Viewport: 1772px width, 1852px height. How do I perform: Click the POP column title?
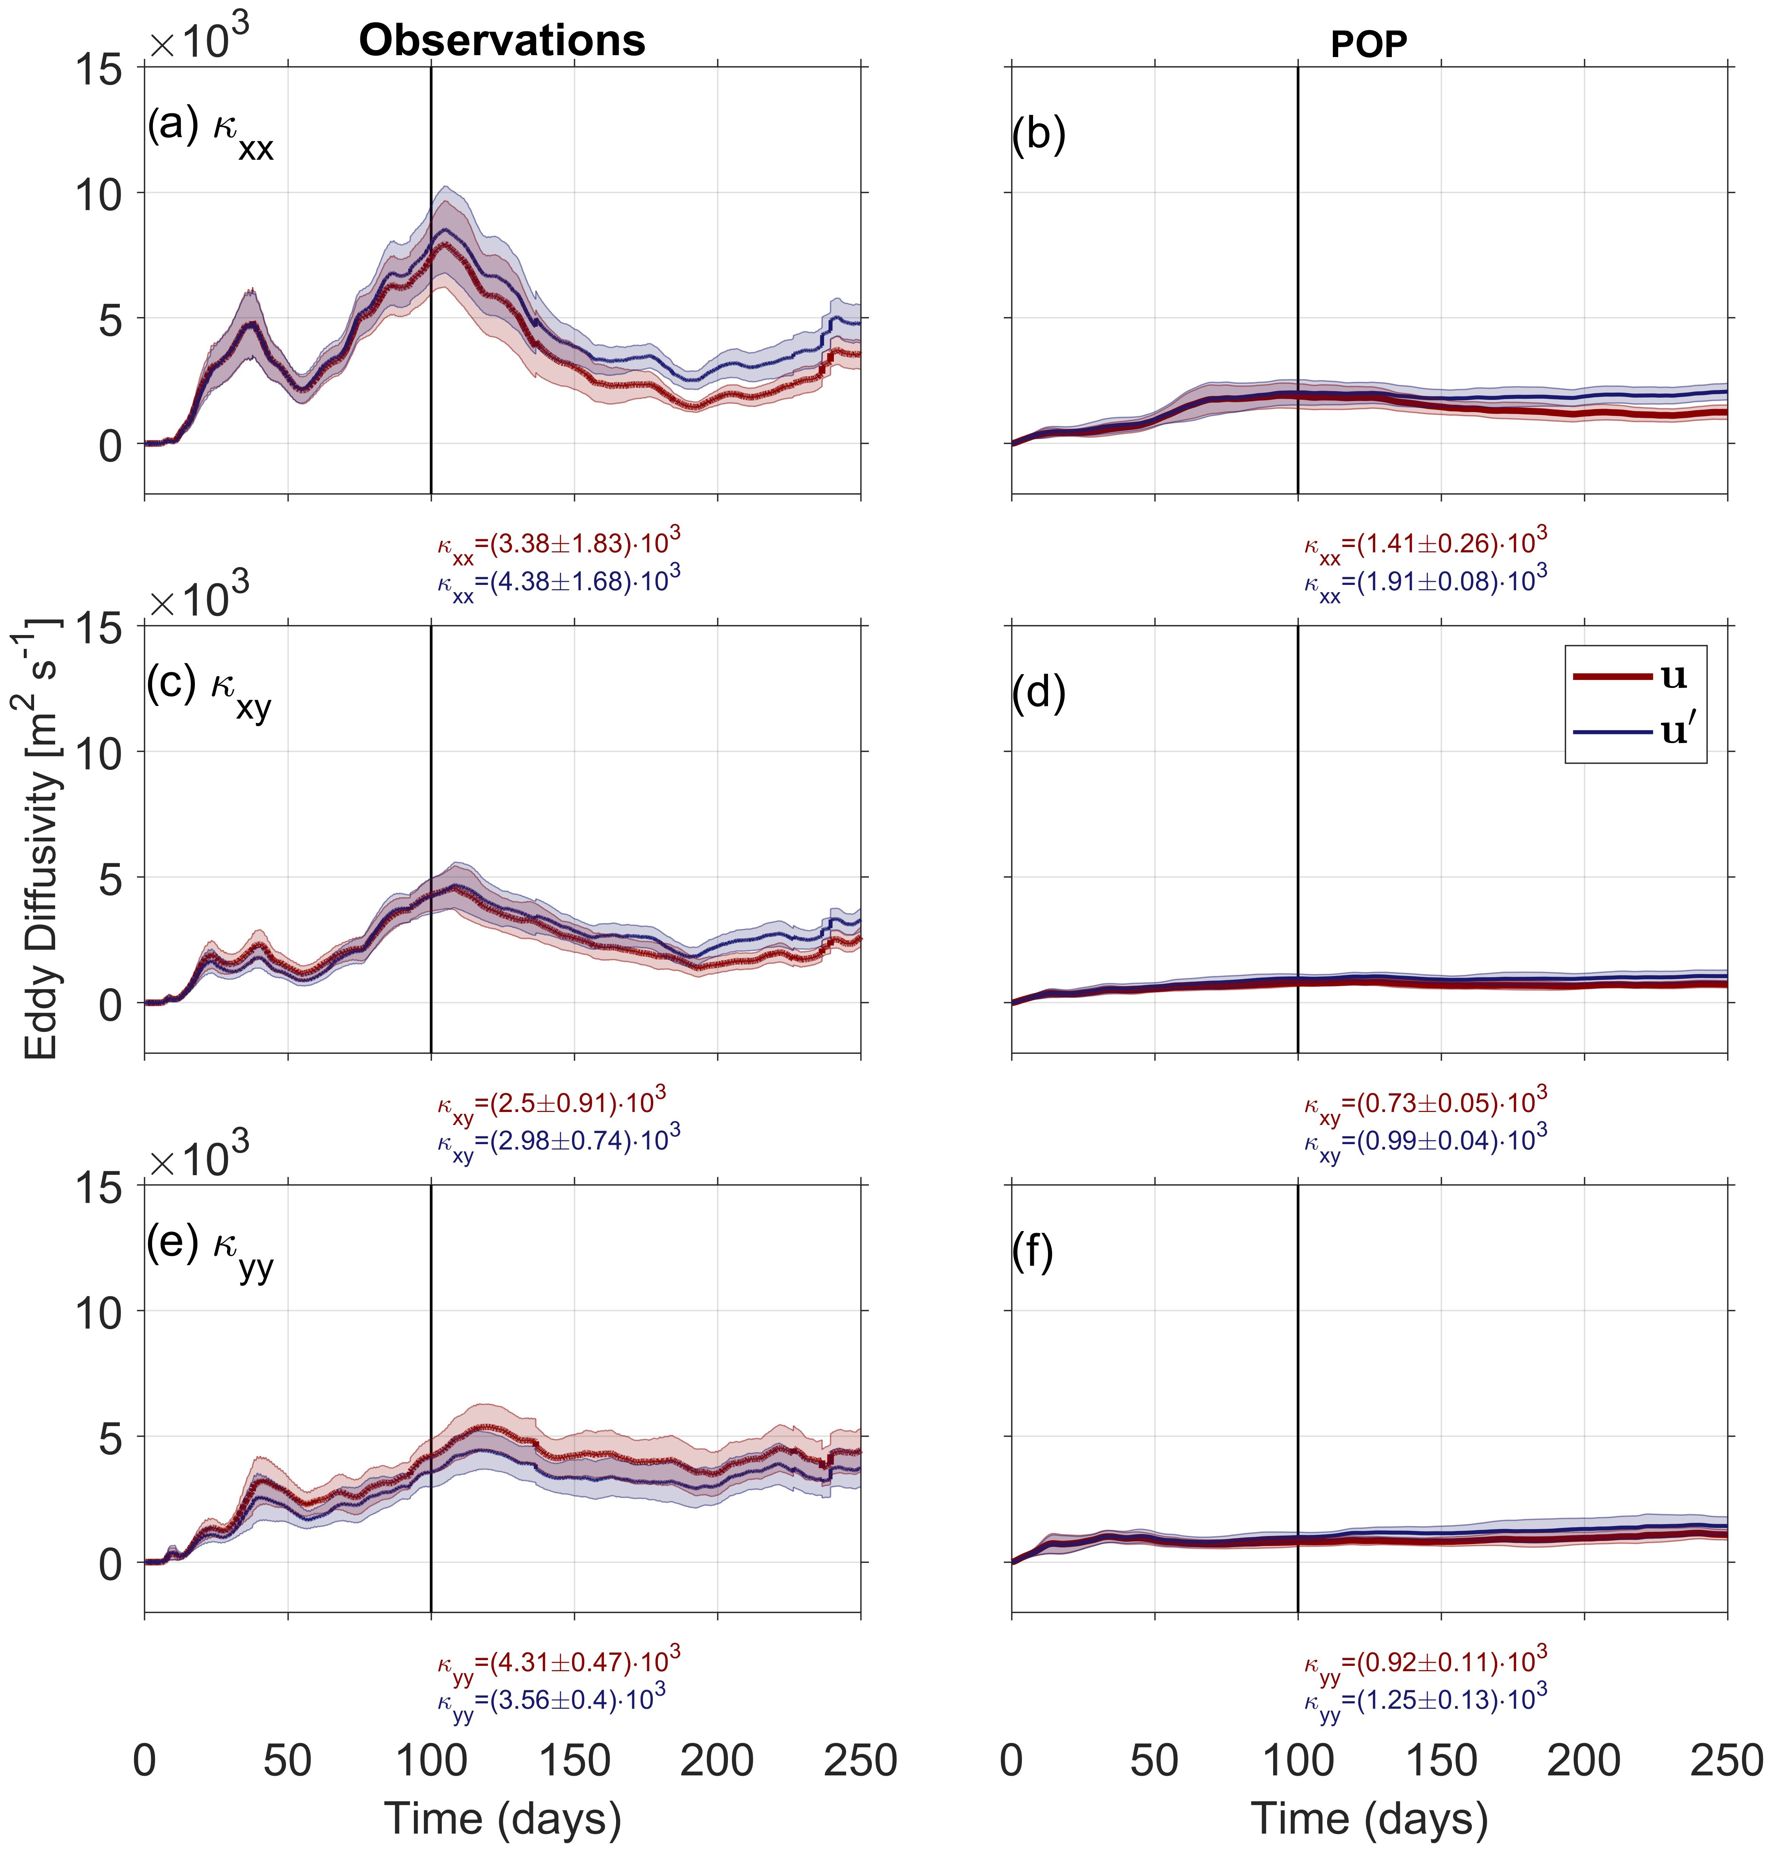coord(1369,44)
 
